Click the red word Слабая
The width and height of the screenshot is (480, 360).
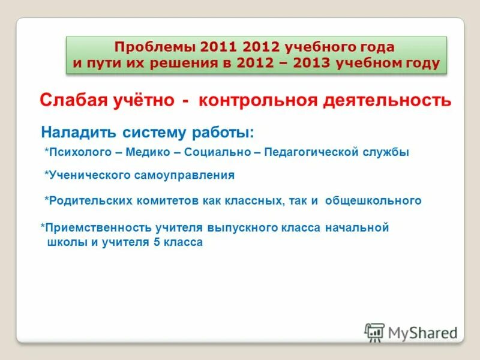70,100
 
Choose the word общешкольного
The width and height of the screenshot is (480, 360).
373,201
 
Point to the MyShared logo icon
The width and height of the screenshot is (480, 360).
374,332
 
